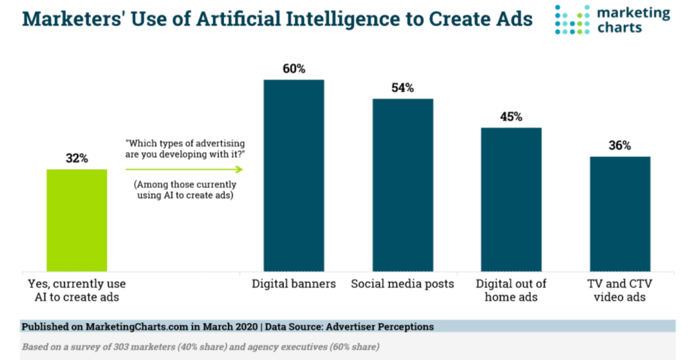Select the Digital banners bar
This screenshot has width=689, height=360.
(293, 175)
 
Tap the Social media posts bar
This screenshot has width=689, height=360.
(403, 185)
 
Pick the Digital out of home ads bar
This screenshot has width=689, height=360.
(511, 199)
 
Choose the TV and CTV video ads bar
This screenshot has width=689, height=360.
(620, 214)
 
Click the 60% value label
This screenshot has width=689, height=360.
(293, 69)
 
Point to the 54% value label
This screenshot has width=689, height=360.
(402, 88)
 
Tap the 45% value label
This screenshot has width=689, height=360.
(511, 117)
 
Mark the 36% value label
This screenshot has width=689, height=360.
(620, 146)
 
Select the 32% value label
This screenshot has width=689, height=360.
(77, 159)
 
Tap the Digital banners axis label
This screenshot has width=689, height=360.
(293, 284)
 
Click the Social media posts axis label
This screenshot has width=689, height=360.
(402, 284)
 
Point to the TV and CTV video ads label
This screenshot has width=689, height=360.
(620, 291)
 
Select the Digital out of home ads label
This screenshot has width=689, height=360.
(511, 291)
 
